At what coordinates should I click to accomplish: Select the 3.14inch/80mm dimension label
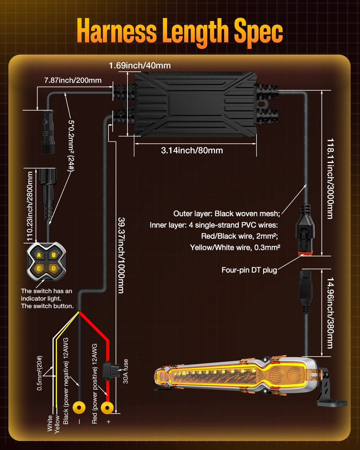pyautogui.click(x=192, y=150)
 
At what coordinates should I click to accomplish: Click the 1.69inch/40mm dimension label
pyautogui.click(x=140, y=66)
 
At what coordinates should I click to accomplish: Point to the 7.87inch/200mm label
pyautogui.click(x=73, y=80)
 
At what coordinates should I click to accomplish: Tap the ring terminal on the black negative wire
pyautogui.click(x=79, y=408)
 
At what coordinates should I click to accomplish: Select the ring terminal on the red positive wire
pyautogui.click(x=107, y=408)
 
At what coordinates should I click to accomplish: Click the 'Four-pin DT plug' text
pyautogui.click(x=249, y=270)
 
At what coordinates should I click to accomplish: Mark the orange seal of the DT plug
pyautogui.click(x=305, y=254)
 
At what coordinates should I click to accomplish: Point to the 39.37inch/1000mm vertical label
pyautogui.click(x=121, y=255)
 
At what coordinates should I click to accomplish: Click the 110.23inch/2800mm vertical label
pyautogui.click(x=30, y=206)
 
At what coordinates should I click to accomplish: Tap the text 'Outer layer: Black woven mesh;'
pyautogui.click(x=226, y=214)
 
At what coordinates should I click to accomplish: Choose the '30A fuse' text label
pyautogui.click(x=126, y=372)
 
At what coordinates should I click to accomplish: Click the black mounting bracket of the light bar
pyautogui.click(x=330, y=396)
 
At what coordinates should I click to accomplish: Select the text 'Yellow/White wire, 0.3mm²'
pyautogui.click(x=235, y=248)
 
